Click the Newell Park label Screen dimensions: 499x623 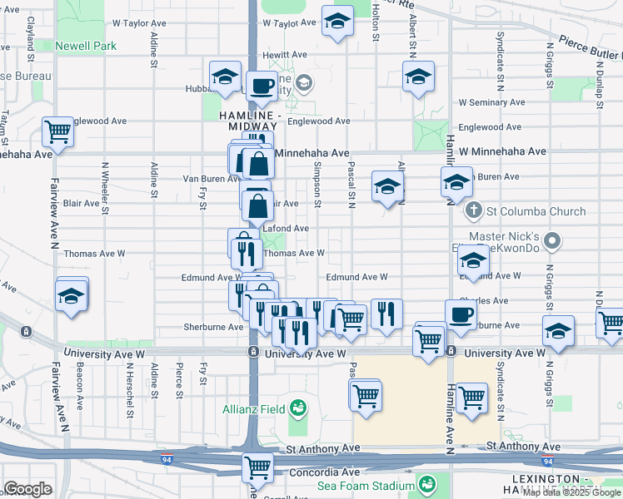(86, 46)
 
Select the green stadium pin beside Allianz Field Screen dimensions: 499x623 (297, 408)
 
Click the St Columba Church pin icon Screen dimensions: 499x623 (474, 210)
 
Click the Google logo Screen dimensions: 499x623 (27, 489)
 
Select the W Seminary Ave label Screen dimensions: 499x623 (491, 102)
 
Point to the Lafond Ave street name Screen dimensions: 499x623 (286, 228)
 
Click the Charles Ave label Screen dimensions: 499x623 (489, 300)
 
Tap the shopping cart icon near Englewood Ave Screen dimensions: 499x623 (58, 131)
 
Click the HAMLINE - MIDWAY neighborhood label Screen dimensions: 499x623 (248, 120)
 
